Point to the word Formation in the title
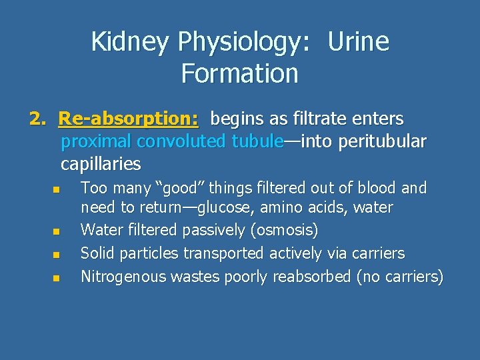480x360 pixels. click(x=239, y=73)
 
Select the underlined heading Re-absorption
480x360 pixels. click(x=128, y=119)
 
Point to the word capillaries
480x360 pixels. click(x=101, y=163)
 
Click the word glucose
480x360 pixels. click(x=224, y=208)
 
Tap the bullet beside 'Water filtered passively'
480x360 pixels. click(x=57, y=233)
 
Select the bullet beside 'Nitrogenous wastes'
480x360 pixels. click(x=57, y=277)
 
